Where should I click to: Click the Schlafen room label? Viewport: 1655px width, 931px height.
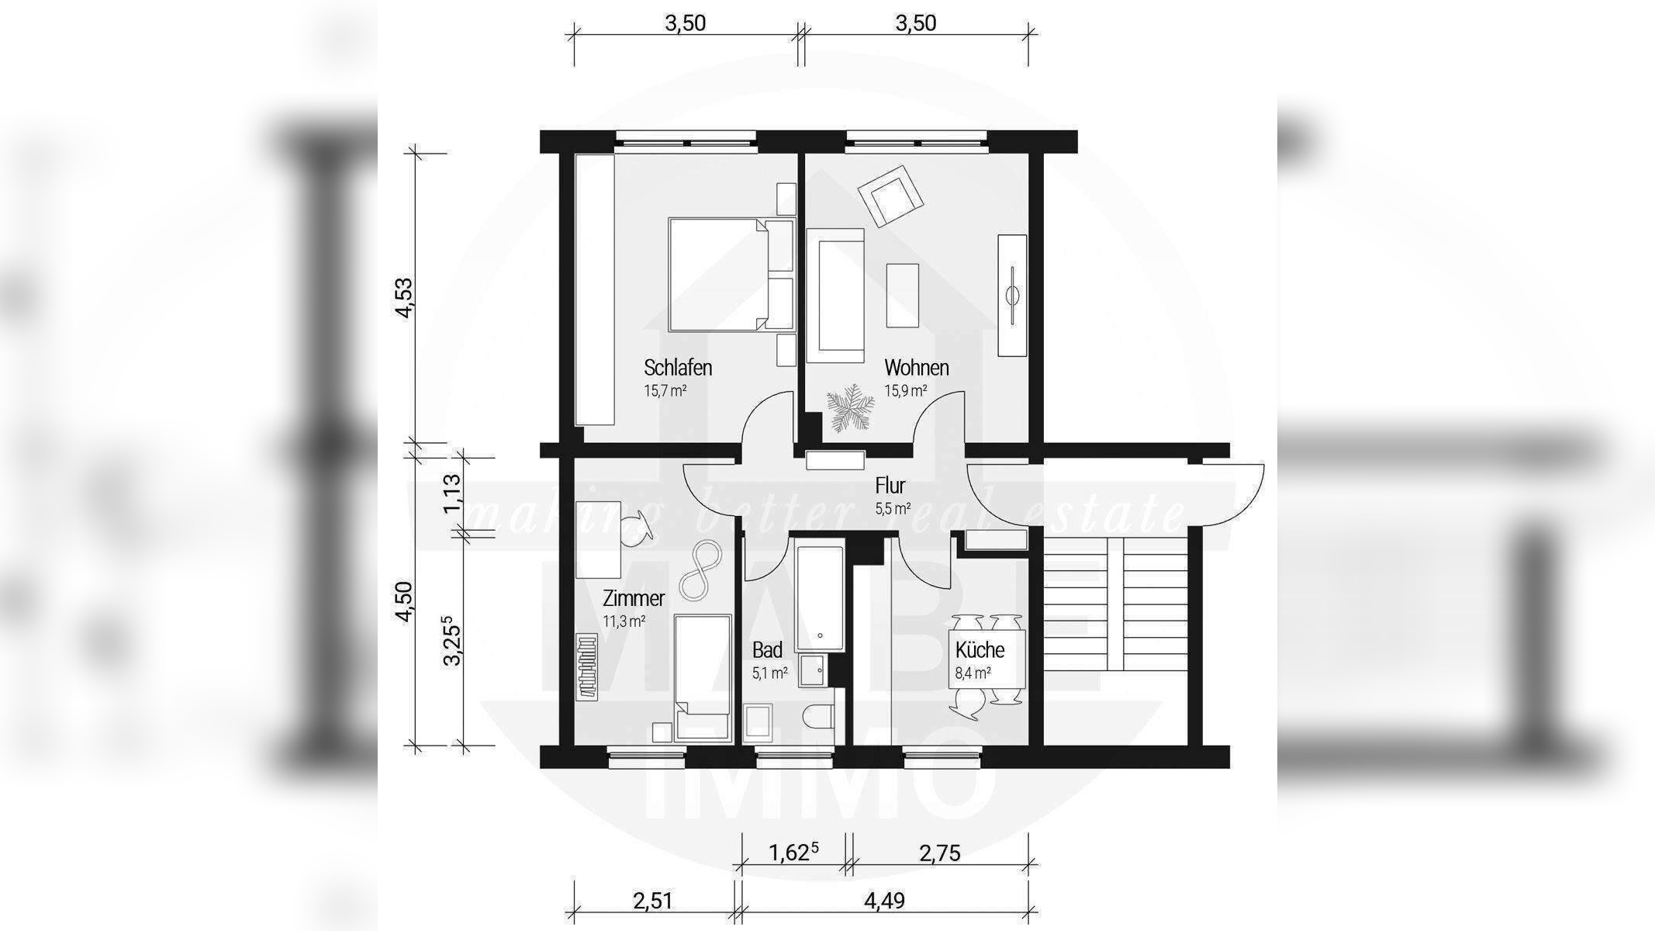click(678, 367)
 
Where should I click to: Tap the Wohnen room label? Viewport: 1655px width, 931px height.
click(917, 367)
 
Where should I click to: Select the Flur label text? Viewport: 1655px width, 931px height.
click(890, 486)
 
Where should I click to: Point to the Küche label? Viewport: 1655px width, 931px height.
click(980, 649)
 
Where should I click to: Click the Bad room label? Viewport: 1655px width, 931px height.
click(767, 649)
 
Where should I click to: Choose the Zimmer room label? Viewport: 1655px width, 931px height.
click(634, 598)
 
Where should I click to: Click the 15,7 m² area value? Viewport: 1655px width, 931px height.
click(665, 390)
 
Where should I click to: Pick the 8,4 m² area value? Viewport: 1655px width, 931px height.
click(973, 673)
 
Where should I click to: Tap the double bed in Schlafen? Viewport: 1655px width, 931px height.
click(731, 275)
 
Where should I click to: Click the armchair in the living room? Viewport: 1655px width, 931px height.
click(891, 196)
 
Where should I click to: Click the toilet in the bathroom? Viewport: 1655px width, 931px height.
click(818, 718)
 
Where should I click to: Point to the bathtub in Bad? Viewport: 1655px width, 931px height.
click(819, 598)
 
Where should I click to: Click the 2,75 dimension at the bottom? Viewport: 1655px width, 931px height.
click(940, 853)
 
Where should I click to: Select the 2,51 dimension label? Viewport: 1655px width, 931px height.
click(652, 901)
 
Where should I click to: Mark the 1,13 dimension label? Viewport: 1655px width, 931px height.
click(452, 494)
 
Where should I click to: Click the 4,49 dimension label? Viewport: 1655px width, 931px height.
click(884, 901)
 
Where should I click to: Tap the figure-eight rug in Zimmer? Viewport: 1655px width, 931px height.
click(701, 569)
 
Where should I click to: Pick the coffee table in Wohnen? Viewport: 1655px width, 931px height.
click(903, 296)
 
